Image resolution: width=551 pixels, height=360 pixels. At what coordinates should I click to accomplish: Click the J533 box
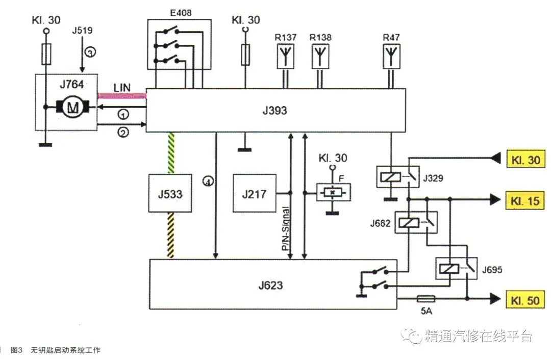(x=170, y=193)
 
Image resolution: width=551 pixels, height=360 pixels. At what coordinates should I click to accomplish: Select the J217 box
(x=255, y=193)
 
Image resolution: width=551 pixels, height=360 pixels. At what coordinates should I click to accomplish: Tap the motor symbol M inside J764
(x=73, y=107)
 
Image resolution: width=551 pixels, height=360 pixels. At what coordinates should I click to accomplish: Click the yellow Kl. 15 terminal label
(x=525, y=200)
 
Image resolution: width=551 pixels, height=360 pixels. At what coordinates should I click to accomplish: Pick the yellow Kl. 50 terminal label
(x=525, y=300)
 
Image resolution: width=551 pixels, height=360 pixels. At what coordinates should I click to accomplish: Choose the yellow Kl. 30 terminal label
(x=525, y=159)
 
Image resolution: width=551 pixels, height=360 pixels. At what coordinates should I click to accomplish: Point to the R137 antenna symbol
(x=285, y=56)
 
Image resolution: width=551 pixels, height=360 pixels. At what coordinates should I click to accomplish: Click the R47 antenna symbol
(x=391, y=56)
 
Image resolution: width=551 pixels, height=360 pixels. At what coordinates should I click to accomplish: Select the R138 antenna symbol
(x=320, y=56)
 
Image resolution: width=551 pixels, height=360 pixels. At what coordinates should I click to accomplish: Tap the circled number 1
(x=123, y=115)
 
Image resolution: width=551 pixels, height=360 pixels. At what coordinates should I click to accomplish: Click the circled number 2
(x=123, y=133)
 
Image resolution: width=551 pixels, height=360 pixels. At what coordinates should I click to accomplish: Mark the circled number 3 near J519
(x=90, y=53)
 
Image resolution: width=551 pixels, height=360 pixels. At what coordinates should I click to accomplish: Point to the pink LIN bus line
(x=121, y=95)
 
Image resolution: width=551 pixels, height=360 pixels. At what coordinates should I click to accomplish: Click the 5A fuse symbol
(x=426, y=299)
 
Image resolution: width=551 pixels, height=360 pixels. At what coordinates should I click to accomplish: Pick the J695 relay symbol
(x=457, y=269)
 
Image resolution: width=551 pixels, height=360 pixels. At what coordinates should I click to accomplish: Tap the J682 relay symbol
(x=416, y=222)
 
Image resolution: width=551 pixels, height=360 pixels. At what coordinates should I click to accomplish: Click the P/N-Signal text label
(x=286, y=228)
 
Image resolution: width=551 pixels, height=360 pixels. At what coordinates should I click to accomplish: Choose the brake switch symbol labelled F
(x=334, y=192)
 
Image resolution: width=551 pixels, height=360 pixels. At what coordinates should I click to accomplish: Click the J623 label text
(x=270, y=285)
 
